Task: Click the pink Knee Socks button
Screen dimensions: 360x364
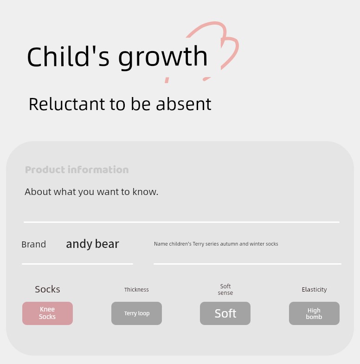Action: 47,313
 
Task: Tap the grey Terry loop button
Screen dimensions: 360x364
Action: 136,313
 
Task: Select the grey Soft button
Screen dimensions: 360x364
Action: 225,313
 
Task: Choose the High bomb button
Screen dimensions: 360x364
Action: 315,313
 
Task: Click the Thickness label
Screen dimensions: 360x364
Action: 136,290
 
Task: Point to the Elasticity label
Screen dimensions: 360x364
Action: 315,290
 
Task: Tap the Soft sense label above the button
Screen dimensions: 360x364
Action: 225,290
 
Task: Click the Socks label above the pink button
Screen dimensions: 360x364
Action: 47,289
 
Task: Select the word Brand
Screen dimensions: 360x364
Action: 33,244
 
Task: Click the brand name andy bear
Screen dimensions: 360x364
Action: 93,244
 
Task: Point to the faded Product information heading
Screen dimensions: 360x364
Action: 77,170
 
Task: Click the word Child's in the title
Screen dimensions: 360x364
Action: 68,56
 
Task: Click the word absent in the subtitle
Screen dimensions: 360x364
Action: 184,104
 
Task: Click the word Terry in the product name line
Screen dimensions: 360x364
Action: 199,244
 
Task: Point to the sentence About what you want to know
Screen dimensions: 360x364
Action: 91,192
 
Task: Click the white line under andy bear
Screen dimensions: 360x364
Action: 77,264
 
